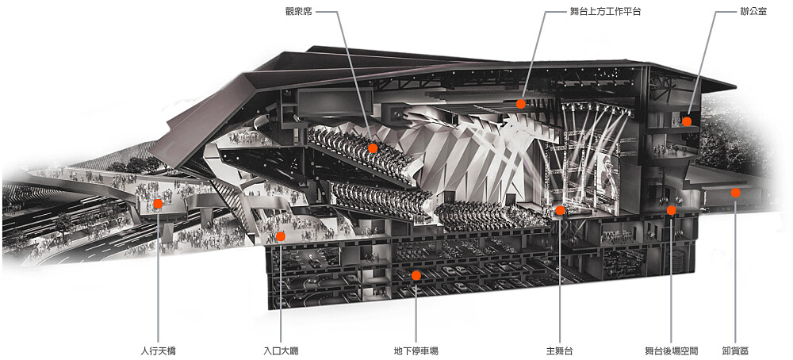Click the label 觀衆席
(x=298, y=11)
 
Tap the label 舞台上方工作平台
(x=605, y=11)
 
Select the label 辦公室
(x=753, y=11)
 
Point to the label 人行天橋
(x=159, y=350)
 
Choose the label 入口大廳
(x=281, y=350)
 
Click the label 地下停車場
(x=416, y=350)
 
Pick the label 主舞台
(x=559, y=350)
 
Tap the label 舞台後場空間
(x=671, y=350)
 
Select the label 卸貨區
(x=735, y=350)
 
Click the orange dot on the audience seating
(x=373, y=148)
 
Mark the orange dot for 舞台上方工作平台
(x=520, y=104)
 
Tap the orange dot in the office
(x=686, y=121)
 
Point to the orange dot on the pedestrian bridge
(x=158, y=204)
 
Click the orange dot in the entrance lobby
(x=281, y=236)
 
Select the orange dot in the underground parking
(x=416, y=276)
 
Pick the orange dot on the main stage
(x=559, y=210)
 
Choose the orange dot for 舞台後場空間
(x=671, y=210)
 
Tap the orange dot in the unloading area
(x=735, y=193)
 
